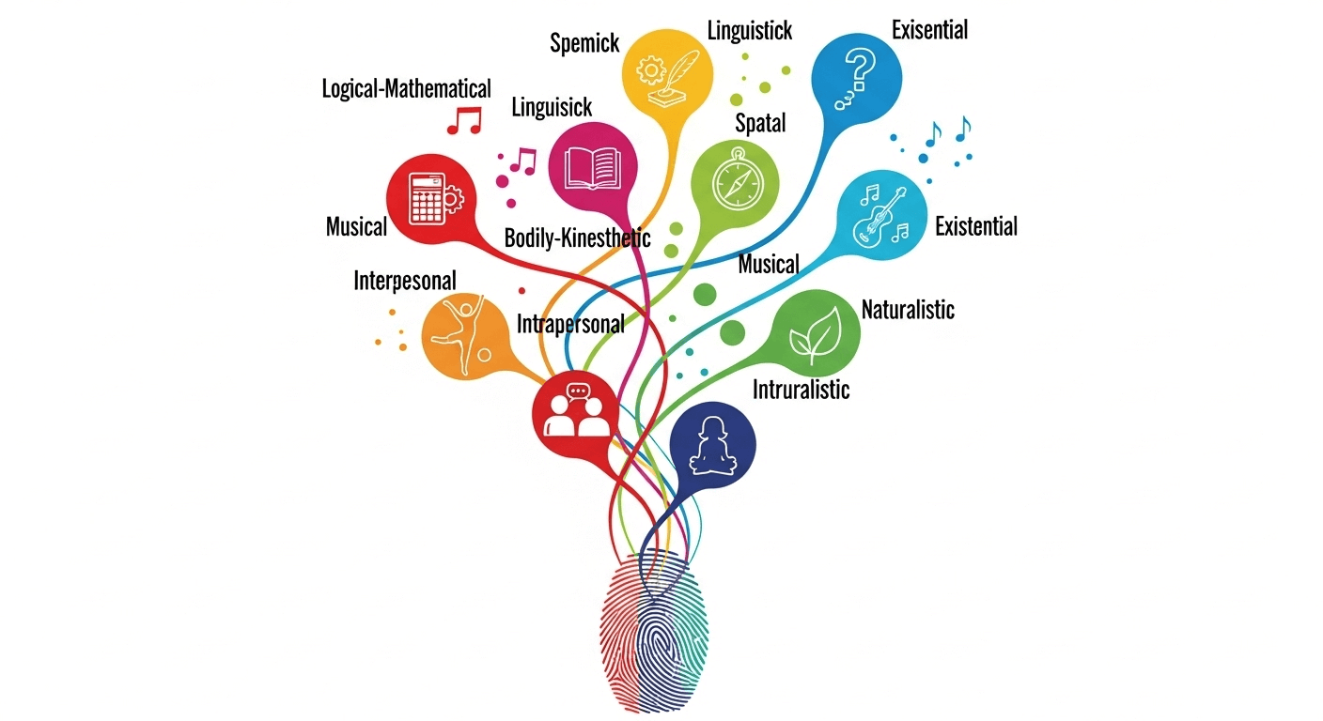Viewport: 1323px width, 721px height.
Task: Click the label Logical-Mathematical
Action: tap(406, 89)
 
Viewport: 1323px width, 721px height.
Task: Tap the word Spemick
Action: tap(584, 43)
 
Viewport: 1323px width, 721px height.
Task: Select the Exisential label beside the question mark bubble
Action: tap(929, 30)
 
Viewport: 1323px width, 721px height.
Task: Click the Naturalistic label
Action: tap(908, 310)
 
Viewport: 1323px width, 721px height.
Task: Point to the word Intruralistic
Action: tap(801, 390)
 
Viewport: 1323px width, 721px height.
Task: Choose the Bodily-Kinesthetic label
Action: tap(577, 238)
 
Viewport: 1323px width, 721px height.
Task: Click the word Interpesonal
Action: tap(405, 281)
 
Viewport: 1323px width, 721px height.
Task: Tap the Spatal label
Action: tap(760, 123)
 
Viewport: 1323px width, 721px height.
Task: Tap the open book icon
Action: tap(592, 169)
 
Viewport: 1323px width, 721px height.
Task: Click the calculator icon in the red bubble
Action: tap(427, 198)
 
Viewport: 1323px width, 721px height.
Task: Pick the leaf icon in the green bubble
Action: tap(817, 335)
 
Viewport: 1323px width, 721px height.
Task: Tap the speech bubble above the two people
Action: tap(578, 391)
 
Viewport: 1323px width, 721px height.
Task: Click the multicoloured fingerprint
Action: tap(653, 630)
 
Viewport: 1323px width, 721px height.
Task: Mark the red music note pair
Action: tap(464, 120)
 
